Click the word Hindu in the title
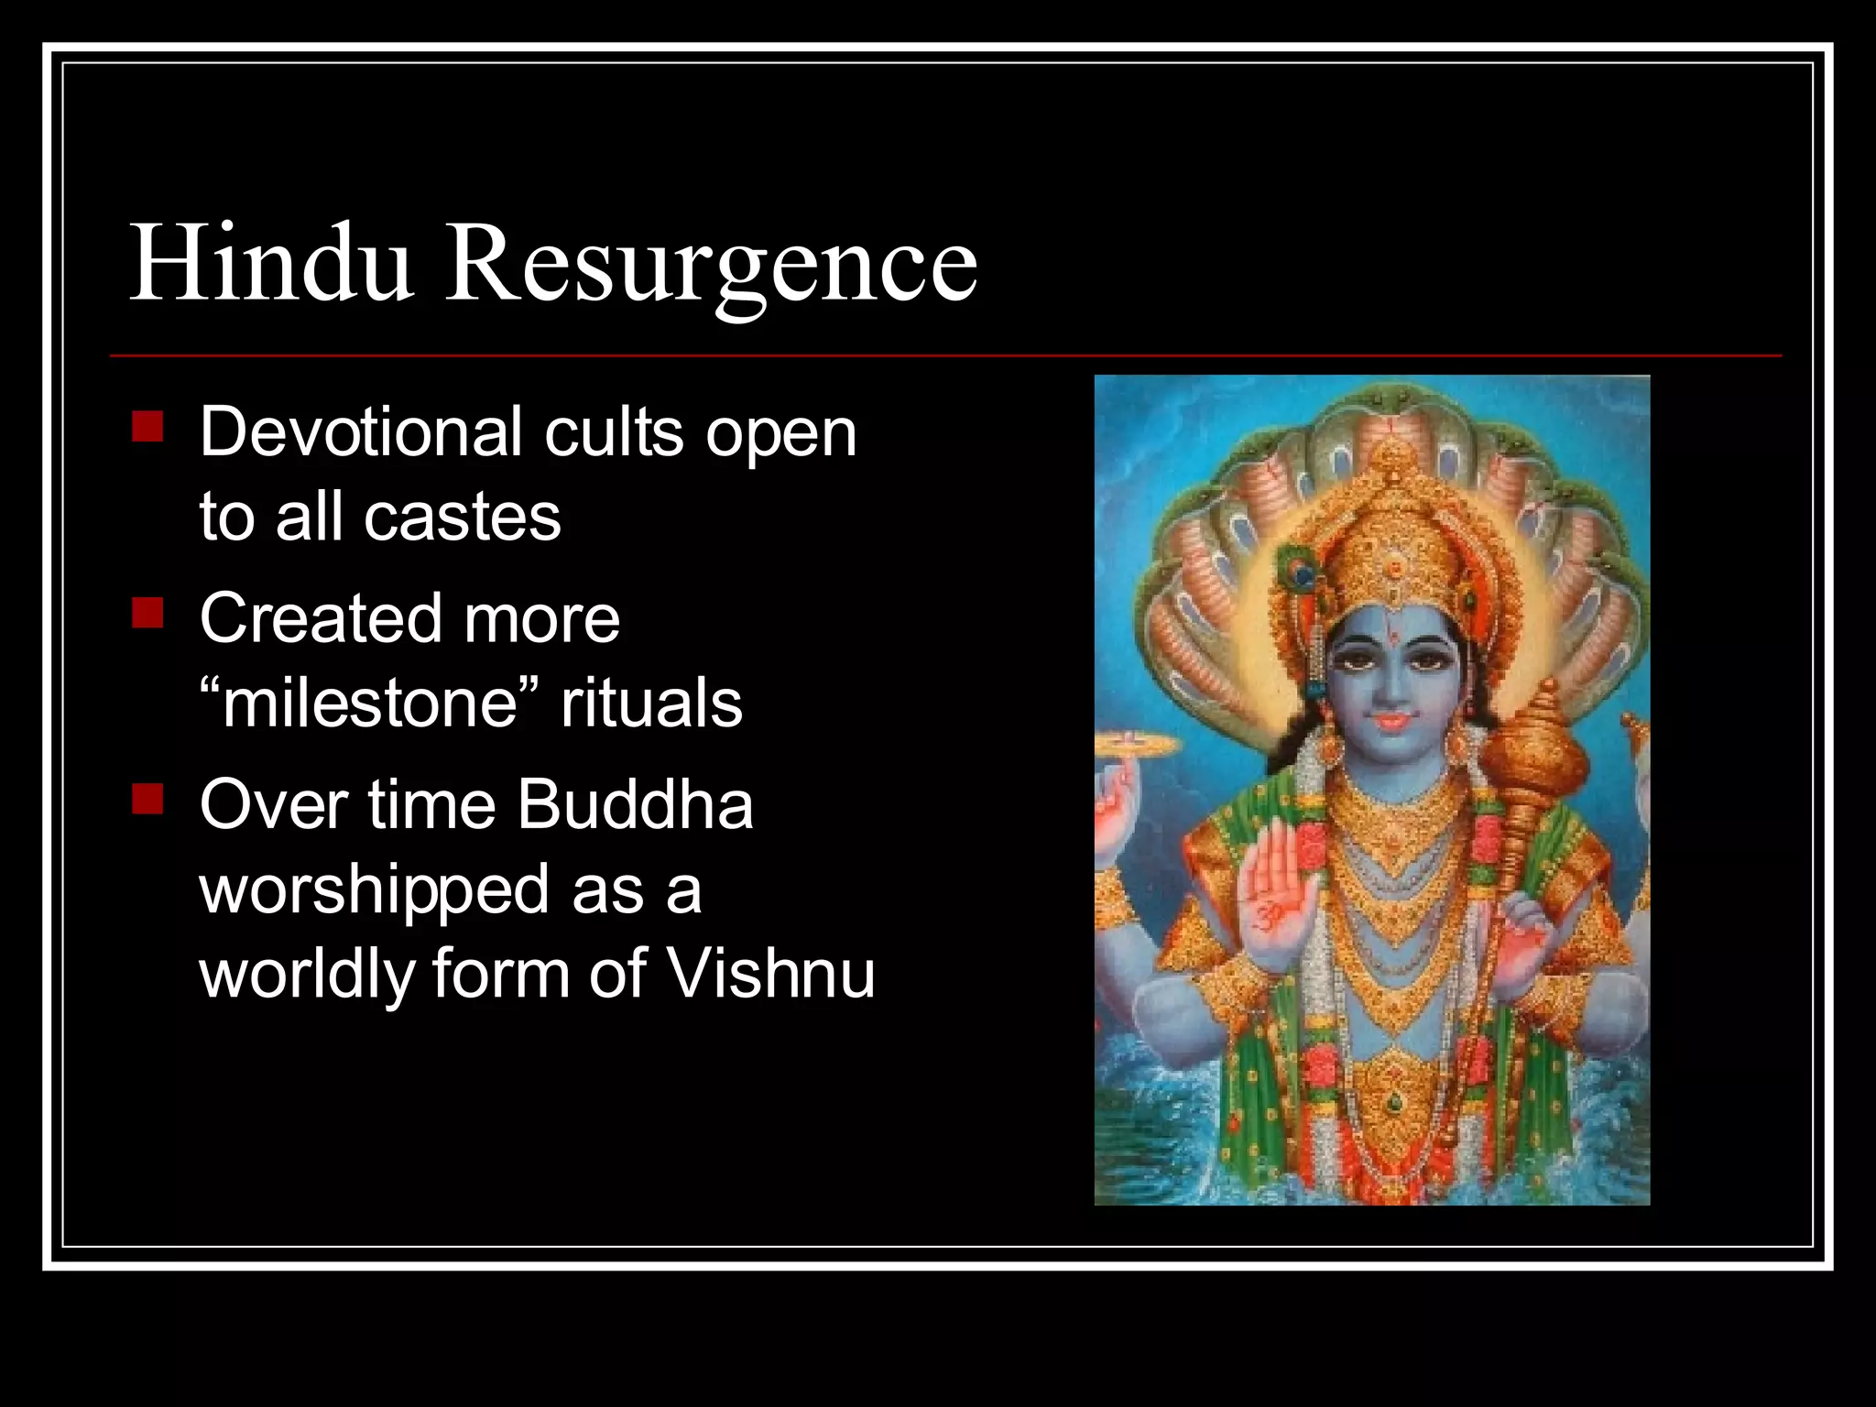pos(271,264)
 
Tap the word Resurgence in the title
pos(711,266)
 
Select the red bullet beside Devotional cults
pos(147,427)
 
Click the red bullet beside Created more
pos(147,613)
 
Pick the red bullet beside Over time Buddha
pos(147,799)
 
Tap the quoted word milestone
pos(369,703)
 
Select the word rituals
pos(651,703)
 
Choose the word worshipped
pos(374,890)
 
